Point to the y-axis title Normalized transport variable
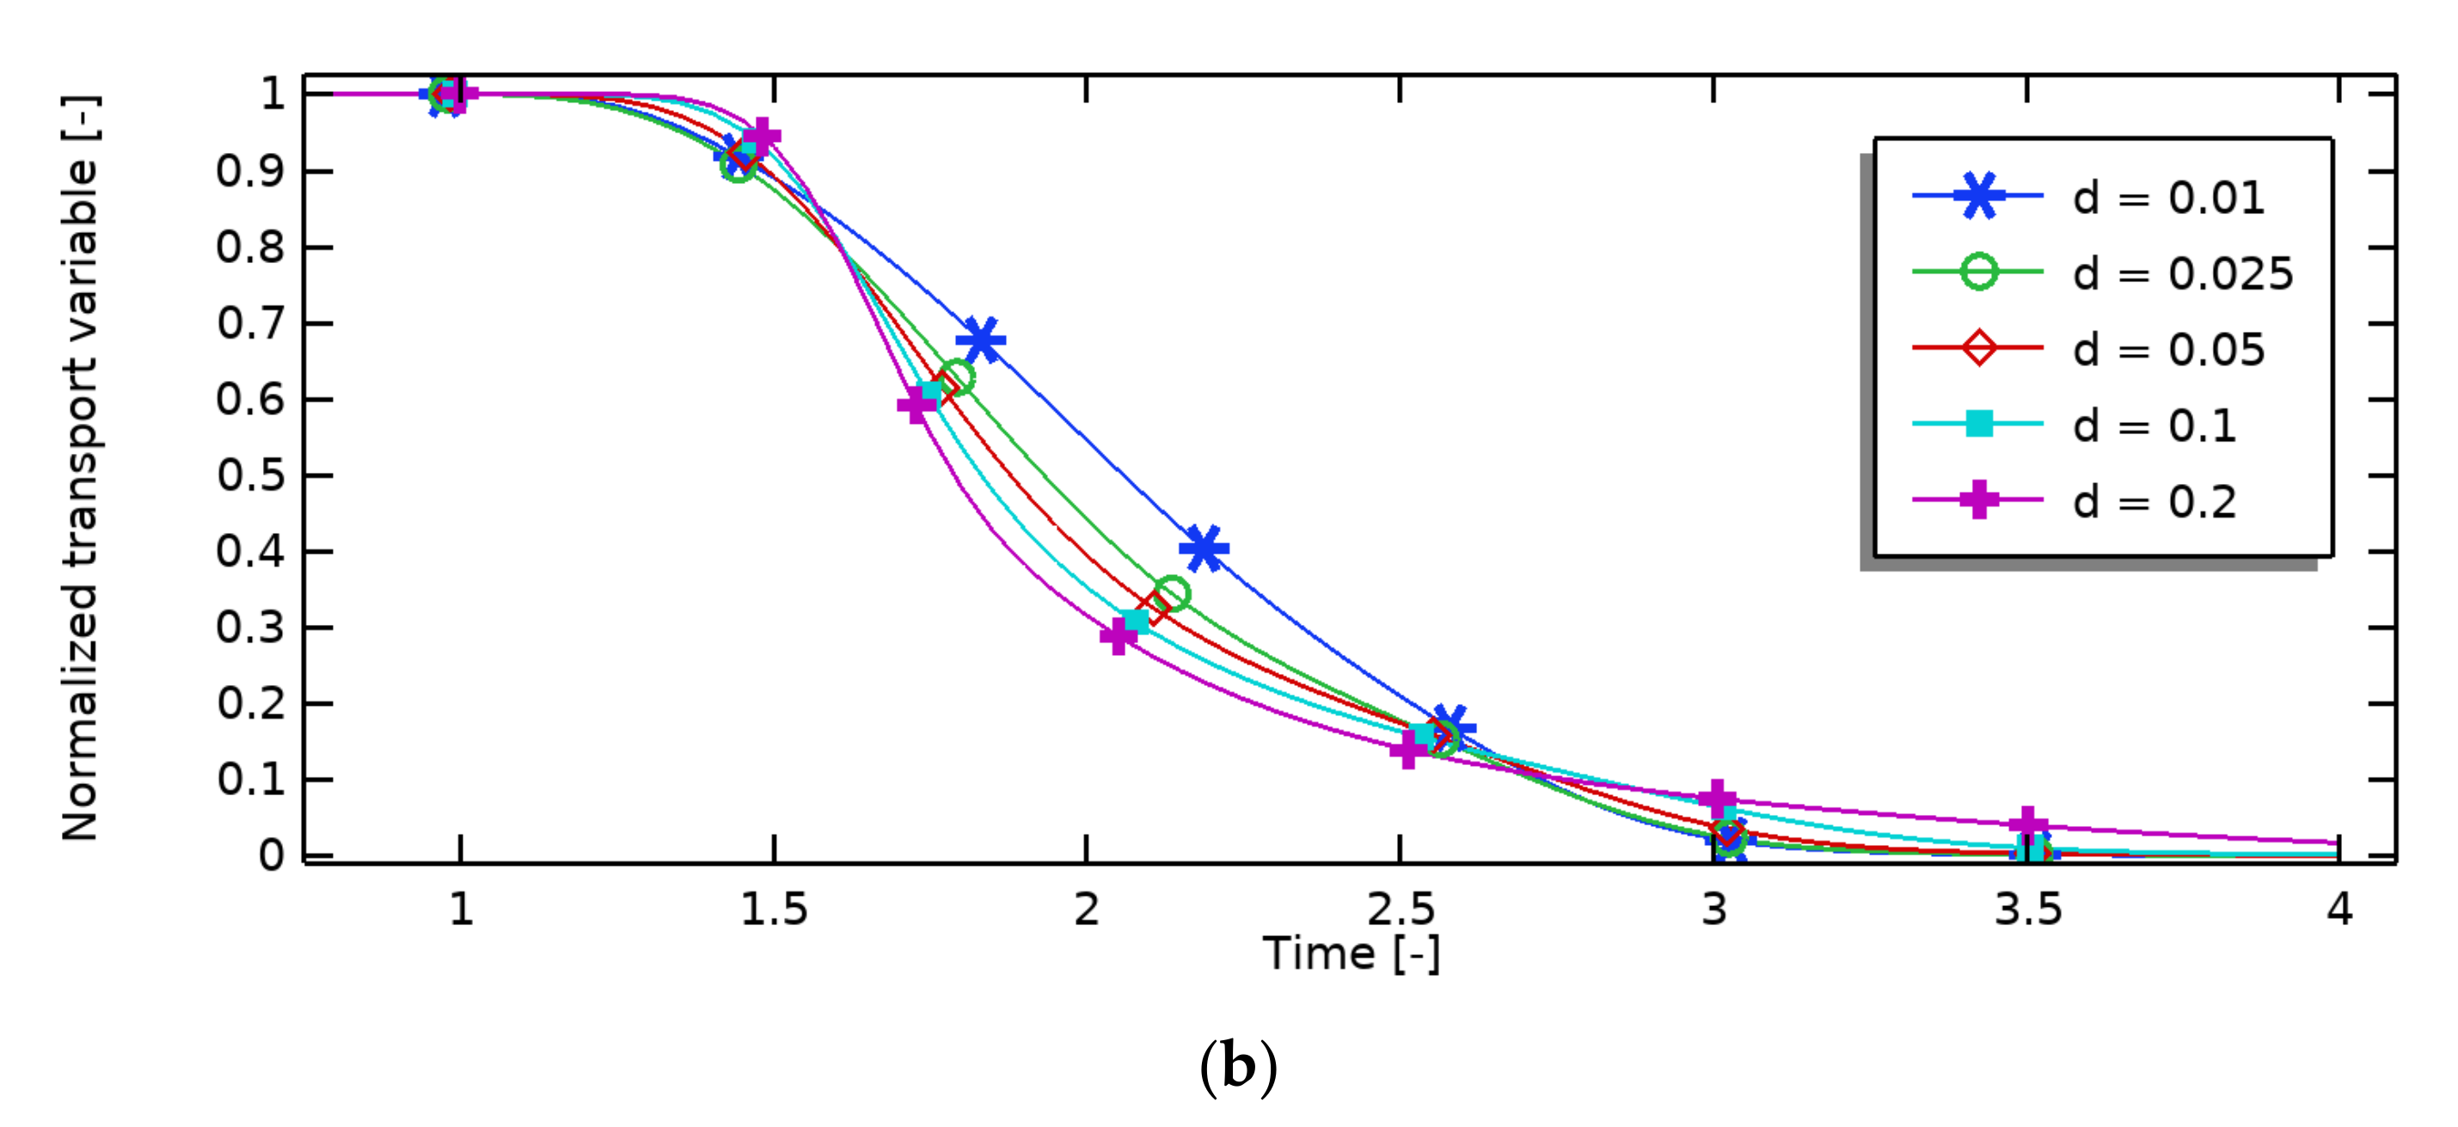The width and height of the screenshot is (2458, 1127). tap(80, 468)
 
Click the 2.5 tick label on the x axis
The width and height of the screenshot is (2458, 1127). tap(1400, 910)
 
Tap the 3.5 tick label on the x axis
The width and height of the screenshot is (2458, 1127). tap(2027, 910)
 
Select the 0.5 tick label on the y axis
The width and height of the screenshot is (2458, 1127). tap(250, 475)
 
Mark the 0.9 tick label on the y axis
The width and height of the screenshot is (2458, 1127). tap(250, 172)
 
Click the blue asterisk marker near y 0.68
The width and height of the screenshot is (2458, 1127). tap(981, 340)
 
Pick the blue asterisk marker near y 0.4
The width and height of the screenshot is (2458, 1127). tap(1204, 548)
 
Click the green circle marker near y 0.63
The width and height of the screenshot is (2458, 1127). tap(956, 377)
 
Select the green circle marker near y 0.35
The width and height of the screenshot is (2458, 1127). tap(1172, 593)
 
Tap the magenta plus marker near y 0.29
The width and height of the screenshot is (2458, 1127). tap(1119, 634)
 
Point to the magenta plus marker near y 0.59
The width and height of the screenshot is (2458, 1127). tap(916, 405)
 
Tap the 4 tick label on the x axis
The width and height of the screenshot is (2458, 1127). tap(2338, 910)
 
